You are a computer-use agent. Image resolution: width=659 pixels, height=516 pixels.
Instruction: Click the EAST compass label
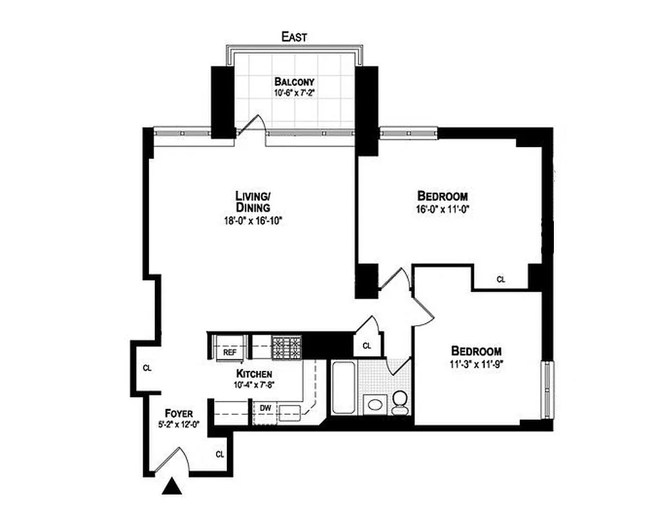tap(294, 37)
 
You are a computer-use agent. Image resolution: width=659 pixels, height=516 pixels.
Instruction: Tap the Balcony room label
tap(294, 82)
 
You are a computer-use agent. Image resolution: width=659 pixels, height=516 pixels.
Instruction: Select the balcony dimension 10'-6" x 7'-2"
tap(294, 93)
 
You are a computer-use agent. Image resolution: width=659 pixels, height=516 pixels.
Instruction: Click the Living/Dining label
tap(252, 201)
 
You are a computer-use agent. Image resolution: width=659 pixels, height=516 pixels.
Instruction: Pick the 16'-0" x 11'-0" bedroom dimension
tap(442, 209)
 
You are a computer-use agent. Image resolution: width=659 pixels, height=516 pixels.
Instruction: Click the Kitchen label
tap(253, 374)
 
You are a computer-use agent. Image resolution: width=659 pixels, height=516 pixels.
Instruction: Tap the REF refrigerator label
tap(230, 353)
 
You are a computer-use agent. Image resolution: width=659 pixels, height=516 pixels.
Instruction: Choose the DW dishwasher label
tap(265, 408)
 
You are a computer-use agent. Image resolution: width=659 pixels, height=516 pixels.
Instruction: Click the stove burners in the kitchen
tap(286, 348)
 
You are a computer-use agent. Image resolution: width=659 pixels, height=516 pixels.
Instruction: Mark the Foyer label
tap(179, 413)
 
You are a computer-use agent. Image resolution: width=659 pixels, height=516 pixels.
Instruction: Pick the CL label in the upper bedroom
tap(500, 280)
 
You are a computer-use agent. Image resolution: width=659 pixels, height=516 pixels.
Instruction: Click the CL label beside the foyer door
tap(219, 454)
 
